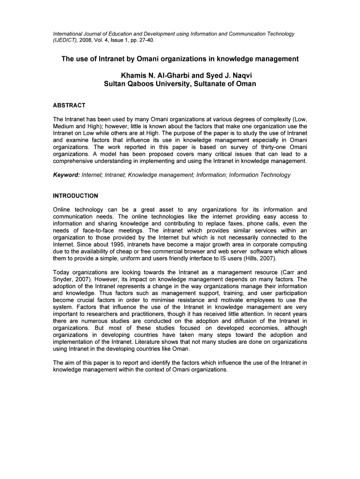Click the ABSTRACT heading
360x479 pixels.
(x=69, y=105)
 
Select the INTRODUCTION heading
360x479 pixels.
(x=75, y=196)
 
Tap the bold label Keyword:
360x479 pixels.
(x=66, y=175)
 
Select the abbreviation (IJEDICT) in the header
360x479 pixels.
(x=66, y=40)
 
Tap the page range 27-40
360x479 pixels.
(x=145, y=40)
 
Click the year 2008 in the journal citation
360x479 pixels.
(x=88, y=40)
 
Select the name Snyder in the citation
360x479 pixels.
(x=64, y=279)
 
